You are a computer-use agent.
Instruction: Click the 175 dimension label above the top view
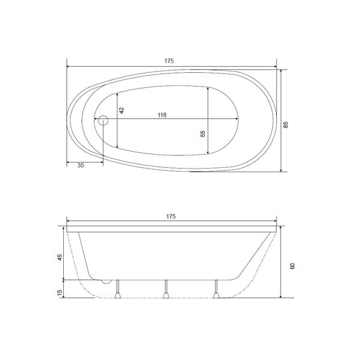(x=169, y=61)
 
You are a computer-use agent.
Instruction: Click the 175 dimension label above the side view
(x=171, y=216)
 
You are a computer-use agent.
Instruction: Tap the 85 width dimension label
(x=285, y=125)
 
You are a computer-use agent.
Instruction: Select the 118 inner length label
(x=162, y=115)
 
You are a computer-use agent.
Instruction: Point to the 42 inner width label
(x=122, y=110)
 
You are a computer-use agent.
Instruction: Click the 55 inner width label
(x=202, y=134)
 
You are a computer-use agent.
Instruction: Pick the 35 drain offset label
(x=81, y=166)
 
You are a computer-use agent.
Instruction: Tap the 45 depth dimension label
(x=60, y=257)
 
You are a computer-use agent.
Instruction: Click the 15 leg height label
(x=60, y=292)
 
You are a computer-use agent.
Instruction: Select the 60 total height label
(x=292, y=266)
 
